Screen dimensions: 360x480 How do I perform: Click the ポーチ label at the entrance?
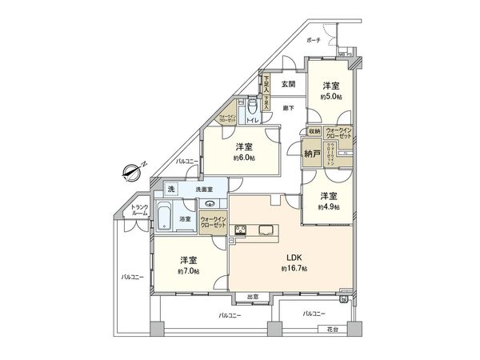[x=314, y=39]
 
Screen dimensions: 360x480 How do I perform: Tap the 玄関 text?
[x=288, y=84]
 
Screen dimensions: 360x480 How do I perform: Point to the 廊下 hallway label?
[x=287, y=108]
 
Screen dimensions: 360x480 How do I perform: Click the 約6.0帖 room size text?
[x=245, y=158]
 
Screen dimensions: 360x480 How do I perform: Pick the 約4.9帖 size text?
[x=328, y=207]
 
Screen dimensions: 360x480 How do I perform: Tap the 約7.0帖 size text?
[x=189, y=272]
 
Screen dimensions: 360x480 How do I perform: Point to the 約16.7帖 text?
[x=294, y=268]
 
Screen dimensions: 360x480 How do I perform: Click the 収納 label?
[x=314, y=131]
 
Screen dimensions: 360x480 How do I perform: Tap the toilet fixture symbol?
[x=253, y=105]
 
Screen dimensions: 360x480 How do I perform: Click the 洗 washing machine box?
[x=171, y=189]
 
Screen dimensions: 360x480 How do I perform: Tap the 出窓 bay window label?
[x=252, y=298]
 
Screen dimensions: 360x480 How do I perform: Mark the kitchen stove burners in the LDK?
[x=241, y=232]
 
